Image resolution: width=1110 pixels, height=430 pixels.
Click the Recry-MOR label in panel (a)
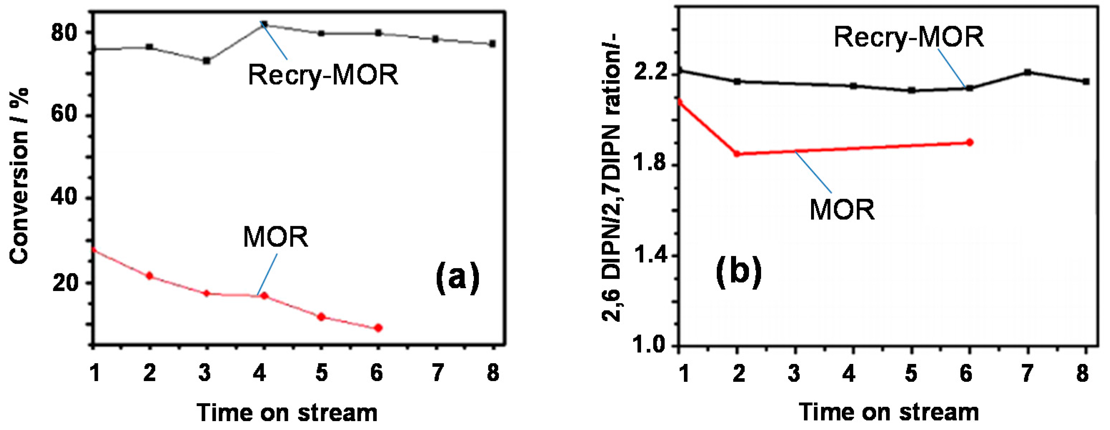point(323,75)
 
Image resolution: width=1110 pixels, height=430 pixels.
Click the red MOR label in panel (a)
point(276,237)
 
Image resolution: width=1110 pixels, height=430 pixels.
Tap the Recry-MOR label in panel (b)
point(909,37)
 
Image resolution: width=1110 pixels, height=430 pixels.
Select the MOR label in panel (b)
point(842,210)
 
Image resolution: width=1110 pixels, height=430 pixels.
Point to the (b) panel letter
point(739,273)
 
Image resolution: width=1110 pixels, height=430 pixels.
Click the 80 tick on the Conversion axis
point(64,33)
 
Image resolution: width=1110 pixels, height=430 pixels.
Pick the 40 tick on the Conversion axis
point(64,198)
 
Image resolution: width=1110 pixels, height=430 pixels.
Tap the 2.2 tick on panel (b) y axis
point(650,74)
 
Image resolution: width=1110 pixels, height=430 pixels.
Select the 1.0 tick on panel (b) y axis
point(650,346)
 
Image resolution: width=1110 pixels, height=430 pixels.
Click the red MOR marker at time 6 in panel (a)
point(378,328)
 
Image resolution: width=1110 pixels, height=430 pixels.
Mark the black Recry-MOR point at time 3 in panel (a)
point(206,61)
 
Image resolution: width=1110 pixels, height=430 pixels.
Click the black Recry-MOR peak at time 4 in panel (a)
point(264,24)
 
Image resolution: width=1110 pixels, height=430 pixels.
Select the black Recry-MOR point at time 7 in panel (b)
point(1028,72)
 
